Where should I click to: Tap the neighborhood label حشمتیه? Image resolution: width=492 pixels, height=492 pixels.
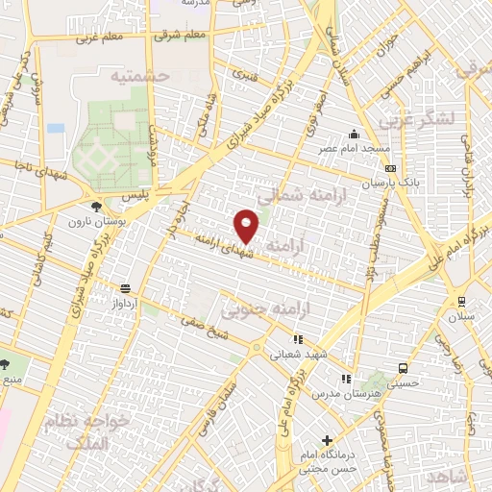tap(139, 75)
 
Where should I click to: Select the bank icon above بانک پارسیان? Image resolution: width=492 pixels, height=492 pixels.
tap(389, 167)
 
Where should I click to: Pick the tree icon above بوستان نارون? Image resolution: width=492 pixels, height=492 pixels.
tap(95, 206)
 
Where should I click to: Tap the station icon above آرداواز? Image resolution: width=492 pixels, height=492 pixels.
tap(125, 287)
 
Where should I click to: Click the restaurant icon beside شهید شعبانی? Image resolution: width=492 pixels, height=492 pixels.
tap(298, 339)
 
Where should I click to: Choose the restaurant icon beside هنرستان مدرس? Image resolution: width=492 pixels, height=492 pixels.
tap(345, 380)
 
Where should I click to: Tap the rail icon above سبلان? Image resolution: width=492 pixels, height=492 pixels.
tap(462, 300)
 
